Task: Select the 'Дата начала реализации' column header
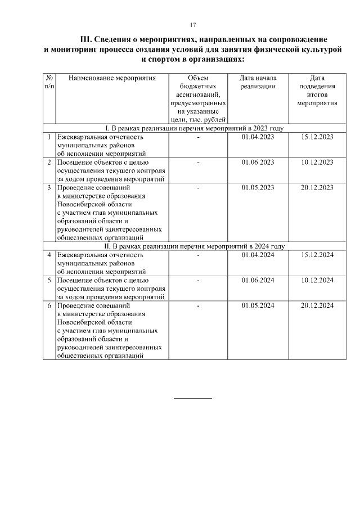click(x=258, y=82)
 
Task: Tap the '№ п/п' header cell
click(x=49, y=82)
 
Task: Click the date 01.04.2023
click(x=258, y=137)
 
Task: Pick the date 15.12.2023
click(x=317, y=137)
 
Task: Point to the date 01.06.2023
click(x=258, y=162)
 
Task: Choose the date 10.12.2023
click(x=317, y=162)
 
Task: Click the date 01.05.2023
click(x=258, y=187)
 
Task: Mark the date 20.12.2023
click(x=317, y=187)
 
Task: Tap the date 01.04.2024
click(x=258, y=255)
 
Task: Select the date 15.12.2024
click(x=317, y=255)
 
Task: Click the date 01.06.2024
click(x=258, y=280)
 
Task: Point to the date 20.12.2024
click(x=317, y=305)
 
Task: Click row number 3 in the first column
click(x=49, y=187)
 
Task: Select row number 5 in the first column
click(x=49, y=280)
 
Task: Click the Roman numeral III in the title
click(x=86, y=39)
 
